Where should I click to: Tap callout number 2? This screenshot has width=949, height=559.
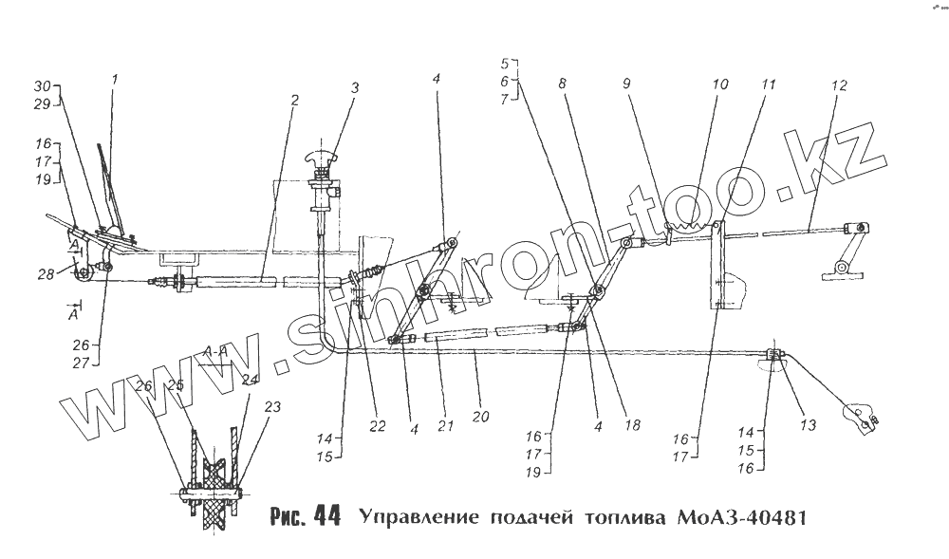295,99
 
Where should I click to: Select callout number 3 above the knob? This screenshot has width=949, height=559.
354,88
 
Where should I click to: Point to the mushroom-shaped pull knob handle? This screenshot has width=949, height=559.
320,158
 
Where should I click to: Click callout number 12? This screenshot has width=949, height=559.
838,84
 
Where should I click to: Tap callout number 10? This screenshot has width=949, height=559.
720,84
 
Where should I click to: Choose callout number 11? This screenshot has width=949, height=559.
767,84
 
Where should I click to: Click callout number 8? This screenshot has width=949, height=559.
563,84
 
